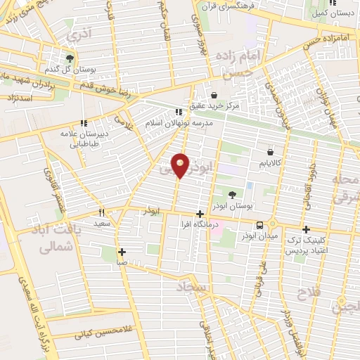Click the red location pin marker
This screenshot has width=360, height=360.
(180, 165)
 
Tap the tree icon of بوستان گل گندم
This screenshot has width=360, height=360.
(70, 58)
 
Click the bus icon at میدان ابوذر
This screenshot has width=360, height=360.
(260, 225)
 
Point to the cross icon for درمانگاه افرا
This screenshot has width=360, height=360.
(200, 214)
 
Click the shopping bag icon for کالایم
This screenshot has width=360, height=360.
(270, 151)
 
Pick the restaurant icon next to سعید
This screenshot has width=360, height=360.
(102, 212)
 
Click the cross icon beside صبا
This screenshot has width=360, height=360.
(122, 251)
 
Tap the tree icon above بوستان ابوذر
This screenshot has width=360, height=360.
(233, 194)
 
